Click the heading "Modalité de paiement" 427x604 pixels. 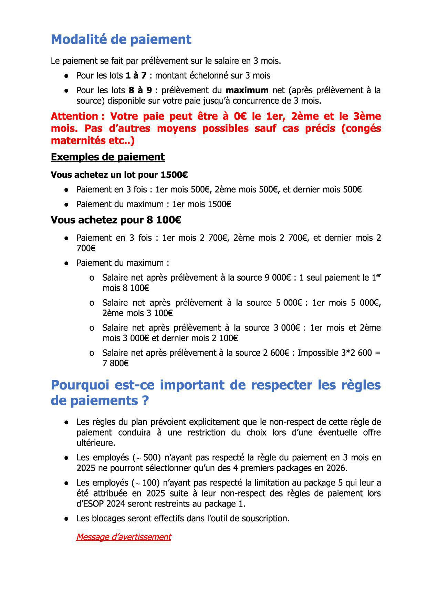click(121, 39)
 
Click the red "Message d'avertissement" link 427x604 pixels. click(123, 537)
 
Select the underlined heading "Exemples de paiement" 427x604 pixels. click(107, 157)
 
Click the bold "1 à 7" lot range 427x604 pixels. click(136, 75)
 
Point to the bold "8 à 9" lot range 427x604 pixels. click(140, 90)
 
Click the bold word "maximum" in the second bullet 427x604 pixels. click(247, 90)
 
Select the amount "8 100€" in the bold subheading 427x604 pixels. click(164, 220)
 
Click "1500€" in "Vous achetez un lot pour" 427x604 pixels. click(174, 175)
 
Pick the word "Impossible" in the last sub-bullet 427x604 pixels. click(318, 353)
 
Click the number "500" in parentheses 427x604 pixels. click(150, 458)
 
